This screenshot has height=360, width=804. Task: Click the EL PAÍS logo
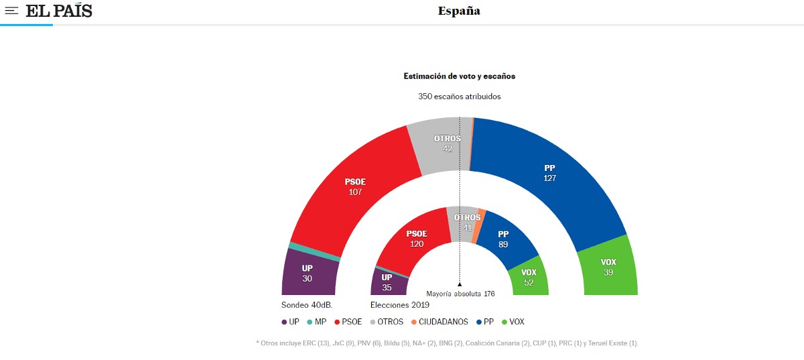59,11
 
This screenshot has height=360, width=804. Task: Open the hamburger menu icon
12,11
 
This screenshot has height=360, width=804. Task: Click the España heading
459,11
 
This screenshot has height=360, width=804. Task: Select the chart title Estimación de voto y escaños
459,76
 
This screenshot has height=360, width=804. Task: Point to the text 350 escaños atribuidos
459,97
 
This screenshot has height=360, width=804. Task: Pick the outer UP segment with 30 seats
308,273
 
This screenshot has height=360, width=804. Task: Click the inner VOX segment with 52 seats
529,277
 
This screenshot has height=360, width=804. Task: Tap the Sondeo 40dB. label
307,304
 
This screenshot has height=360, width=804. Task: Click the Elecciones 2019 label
400,304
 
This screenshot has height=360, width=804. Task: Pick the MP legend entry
317,322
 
